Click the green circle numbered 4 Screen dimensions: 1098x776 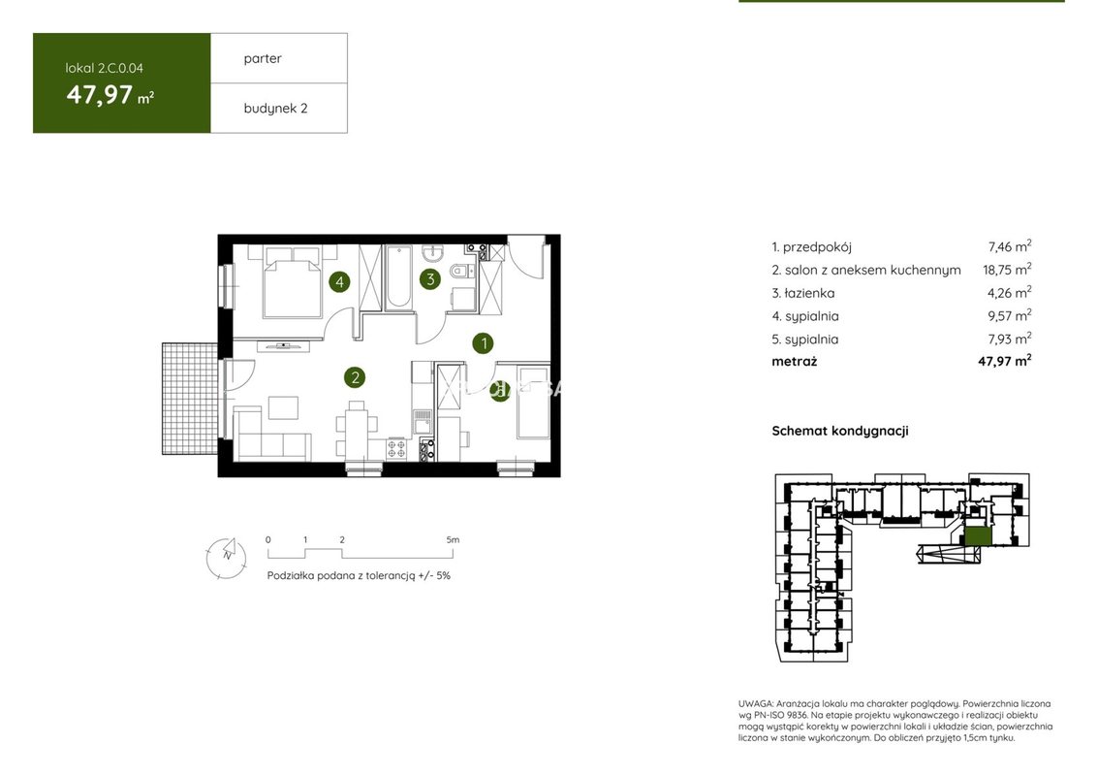pyautogui.click(x=339, y=282)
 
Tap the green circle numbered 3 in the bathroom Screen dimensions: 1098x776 pyautogui.click(x=430, y=279)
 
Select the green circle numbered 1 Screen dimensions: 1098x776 pyautogui.click(x=484, y=342)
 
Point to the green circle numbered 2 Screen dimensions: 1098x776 pyautogui.click(x=355, y=378)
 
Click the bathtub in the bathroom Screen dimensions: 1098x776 pyautogui.click(x=397, y=276)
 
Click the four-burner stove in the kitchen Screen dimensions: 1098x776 pyautogui.click(x=396, y=449)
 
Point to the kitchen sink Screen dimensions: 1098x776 pyautogui.click(x=423, y=422)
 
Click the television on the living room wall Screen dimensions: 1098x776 pyautogui.click(x=283, y=345)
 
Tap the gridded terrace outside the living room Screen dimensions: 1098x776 pyautogui.click(x=190, y=398)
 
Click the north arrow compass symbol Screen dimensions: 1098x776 pyautogui.click(x=226, y=558)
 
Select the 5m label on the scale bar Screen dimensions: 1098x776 pyautogui.click(x=453, y=539)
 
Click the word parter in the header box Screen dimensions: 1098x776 pyautogui.click(x=263, y=59)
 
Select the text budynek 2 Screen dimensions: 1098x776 pyautogui.click(x=275, y=108)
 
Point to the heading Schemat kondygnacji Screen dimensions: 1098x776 pyautogui.click(x=839, y=431)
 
